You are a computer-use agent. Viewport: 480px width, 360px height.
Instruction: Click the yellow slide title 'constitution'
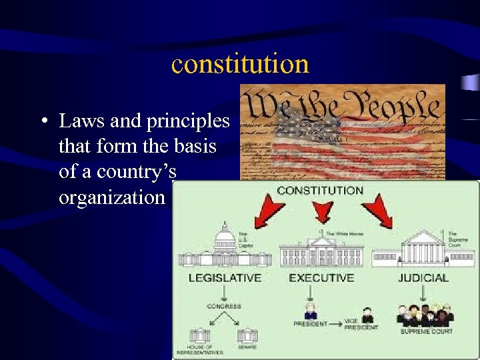tap(240, 64)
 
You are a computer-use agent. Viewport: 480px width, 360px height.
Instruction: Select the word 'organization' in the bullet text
tap(111, 197)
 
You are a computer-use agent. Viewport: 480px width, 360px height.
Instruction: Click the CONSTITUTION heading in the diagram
tap(320, 191)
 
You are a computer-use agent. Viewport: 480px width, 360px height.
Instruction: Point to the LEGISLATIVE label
tap(225, 277)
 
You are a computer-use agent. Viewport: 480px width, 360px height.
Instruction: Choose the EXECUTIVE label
tap(321, 277)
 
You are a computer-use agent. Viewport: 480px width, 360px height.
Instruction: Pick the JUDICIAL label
tap(423, 277)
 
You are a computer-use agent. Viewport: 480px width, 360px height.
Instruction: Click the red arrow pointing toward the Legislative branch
tap(269, 212)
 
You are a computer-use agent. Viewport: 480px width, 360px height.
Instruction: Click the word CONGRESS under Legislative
tap(224, 307)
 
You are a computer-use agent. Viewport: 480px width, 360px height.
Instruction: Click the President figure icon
tap(310, 312)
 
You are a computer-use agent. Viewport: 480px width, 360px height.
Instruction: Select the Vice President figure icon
tap(367, 314)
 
